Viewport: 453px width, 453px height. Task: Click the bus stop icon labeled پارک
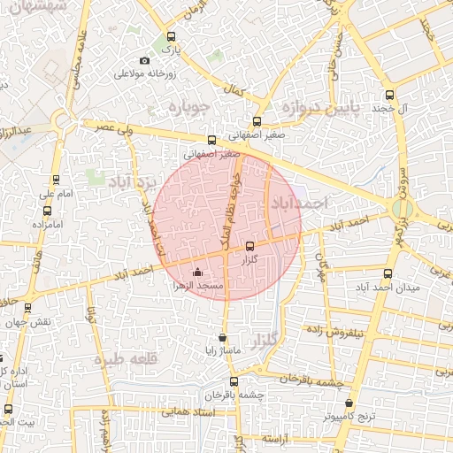[172, 37]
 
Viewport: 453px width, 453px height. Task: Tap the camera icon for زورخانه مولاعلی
[144, 61]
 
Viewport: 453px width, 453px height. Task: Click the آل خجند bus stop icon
[389, 95]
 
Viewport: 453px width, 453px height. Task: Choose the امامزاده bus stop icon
[47, 211]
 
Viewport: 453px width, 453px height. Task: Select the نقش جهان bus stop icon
[28, 308]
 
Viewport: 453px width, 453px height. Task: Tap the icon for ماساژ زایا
[221, 337]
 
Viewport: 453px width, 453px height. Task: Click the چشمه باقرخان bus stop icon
[234, 382]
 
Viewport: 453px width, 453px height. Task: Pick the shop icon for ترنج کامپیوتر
[349, 403]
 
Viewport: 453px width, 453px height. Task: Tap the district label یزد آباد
[131, 182]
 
